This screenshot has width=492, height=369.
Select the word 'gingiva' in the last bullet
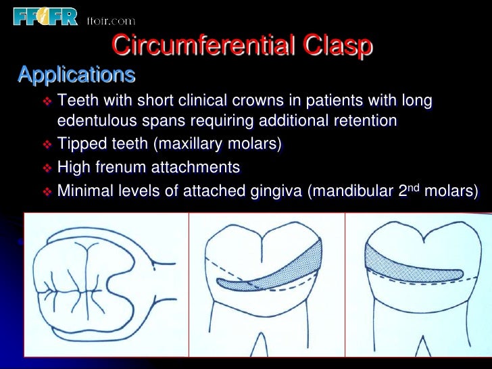pos(271,191)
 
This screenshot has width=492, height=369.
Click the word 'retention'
pos(363,121)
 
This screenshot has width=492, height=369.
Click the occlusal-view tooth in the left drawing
pos(95,287)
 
